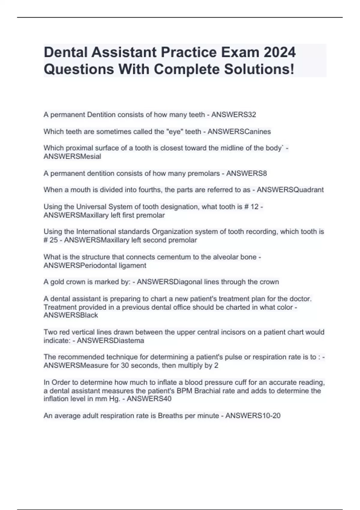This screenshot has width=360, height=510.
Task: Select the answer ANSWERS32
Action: pos(234,115)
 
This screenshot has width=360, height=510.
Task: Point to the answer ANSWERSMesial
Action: pos(72,156)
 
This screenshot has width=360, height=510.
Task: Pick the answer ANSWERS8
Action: pos(246,173)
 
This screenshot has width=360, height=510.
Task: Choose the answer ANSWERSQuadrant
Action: pos(290,190)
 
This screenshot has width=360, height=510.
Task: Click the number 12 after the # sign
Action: pos(254,207)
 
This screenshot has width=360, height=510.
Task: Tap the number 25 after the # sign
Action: pos(54,240)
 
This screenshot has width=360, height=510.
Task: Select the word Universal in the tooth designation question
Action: pos(91,207)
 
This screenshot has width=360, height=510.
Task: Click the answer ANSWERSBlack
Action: pos(71,315)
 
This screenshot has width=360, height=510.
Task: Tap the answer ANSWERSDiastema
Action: pos(110,340)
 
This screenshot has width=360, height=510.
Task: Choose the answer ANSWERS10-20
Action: pos(253,415)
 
